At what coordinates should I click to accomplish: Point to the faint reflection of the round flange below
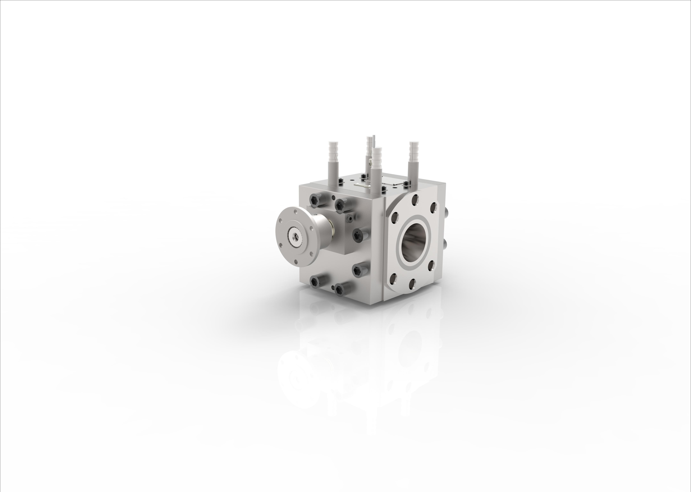[x=295, y=376]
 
